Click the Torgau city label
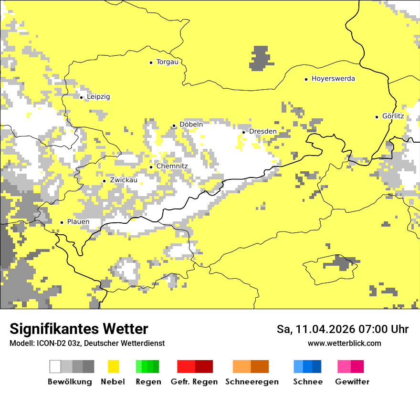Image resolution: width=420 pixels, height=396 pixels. tap(167, 62)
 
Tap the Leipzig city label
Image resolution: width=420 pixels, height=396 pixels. tap(98, 97)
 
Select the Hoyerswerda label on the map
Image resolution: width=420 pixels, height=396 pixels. tap(333, 79)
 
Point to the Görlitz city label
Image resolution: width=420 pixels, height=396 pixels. tap(393, 116)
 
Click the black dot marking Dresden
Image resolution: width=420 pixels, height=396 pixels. tap(243, 132)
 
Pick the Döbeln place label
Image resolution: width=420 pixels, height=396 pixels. tap(191, 125)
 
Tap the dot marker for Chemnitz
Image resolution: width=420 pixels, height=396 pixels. tap(151, 167)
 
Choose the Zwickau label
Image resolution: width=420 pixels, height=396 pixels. tap(123, 180)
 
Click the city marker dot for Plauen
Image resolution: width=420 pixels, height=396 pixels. tap(62, 222)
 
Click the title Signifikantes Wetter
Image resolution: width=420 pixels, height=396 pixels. tap(79, 329)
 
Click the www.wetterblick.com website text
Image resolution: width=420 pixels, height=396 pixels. tap(344, 344)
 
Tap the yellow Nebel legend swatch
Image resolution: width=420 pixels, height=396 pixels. tap(114, 366)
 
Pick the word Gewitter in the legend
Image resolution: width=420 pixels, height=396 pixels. tap(352, 382)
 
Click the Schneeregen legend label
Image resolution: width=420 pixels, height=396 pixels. tap(252, 382)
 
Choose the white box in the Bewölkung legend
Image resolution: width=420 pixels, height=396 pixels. tap(55, 366)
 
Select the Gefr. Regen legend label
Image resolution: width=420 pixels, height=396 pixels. tap(194, 382)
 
